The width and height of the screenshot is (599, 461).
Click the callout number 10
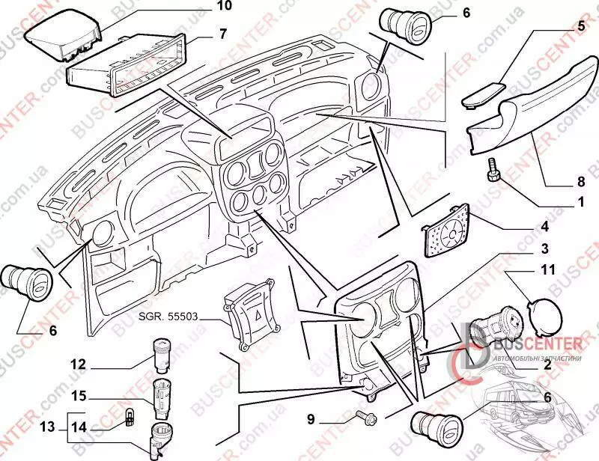coord(204,7)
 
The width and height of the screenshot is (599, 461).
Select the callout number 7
coord(202,34)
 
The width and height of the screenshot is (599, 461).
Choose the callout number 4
coord(545,227)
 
